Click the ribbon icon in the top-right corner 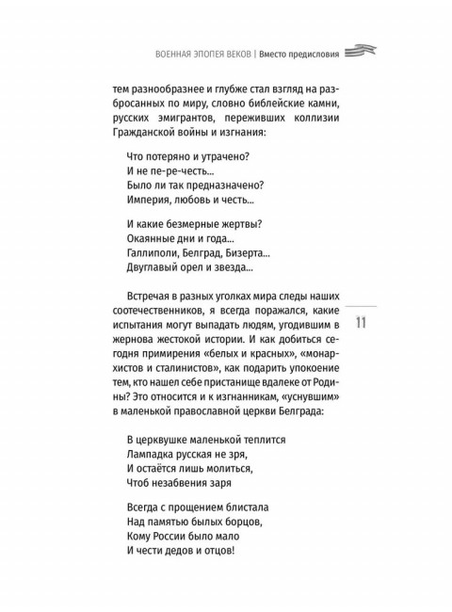click(362, 52)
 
